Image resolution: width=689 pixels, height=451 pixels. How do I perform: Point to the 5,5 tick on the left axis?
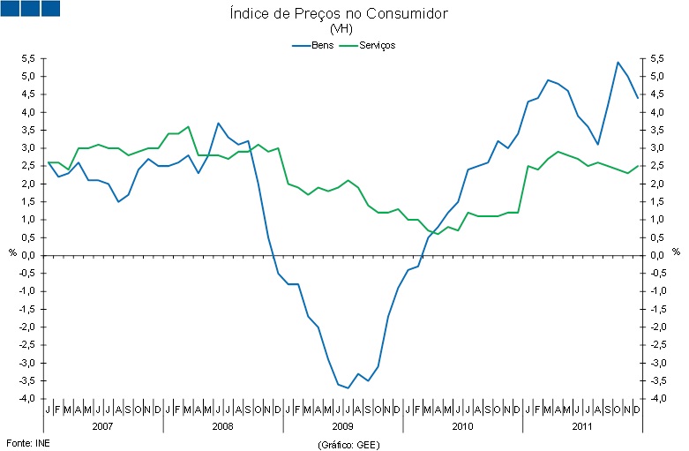point(27,58)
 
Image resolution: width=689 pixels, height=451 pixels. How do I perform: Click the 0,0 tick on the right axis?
point(656,256)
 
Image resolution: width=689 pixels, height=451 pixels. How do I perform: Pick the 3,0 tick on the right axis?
point(656,148)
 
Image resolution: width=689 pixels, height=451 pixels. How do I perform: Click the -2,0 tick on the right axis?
point(658,327)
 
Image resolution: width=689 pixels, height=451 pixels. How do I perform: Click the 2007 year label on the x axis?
point(102,425)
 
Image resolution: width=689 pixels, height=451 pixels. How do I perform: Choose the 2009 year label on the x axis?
point(342,425)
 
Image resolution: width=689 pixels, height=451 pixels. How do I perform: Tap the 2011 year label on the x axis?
point(581,425)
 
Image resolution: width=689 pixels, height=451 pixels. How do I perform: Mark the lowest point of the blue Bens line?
point(348,387)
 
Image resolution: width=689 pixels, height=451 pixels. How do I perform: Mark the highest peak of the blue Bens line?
point(618,62)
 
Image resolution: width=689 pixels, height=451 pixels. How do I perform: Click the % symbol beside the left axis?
point(12,252)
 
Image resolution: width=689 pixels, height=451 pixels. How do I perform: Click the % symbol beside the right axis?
point(676,252)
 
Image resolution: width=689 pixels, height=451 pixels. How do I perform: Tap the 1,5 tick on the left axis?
point(27,202)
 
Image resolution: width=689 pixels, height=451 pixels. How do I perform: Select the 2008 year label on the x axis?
point(222,425)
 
